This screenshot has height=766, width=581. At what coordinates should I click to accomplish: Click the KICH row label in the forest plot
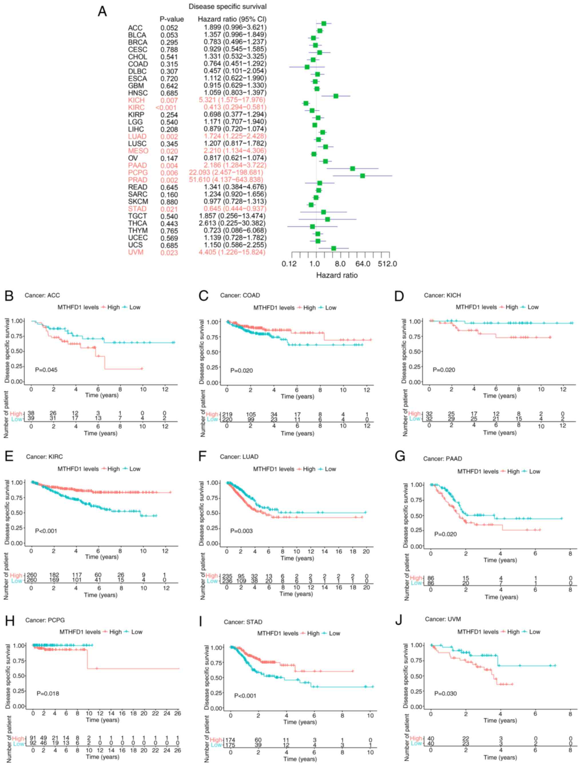coord(136,100)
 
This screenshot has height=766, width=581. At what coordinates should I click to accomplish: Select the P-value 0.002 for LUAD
coord(169,137)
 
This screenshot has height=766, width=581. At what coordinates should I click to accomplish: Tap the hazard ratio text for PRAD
coord(226,180)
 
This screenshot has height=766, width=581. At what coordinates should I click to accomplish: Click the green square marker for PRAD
coord(362,176)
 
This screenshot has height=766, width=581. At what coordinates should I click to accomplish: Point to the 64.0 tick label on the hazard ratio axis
coord(363,264)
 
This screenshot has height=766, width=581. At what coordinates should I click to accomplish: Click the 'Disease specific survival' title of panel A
coord(228,7)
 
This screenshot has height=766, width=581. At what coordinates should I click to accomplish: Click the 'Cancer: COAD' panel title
coord(240,295)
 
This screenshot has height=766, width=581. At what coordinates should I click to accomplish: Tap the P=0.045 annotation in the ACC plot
coord(46,370)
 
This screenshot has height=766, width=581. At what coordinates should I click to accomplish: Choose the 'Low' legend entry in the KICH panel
coord(532,307)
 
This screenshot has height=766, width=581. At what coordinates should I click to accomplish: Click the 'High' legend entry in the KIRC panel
coord(113,469)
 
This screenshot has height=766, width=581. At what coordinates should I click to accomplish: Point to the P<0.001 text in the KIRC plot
coord(46,531)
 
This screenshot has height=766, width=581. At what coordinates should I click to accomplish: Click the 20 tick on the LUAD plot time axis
coord(366,551)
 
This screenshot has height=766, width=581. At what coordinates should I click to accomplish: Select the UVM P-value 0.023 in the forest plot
coord(169,253)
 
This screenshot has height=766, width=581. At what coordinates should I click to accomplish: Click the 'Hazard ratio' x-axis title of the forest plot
coord(337,275)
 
